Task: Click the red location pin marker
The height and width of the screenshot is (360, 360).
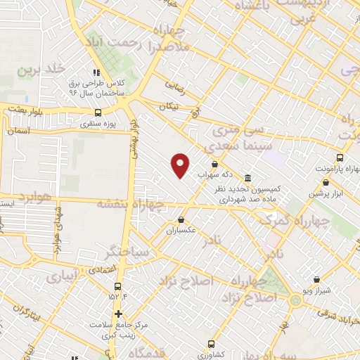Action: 181,166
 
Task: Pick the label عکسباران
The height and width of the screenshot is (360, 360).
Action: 183,230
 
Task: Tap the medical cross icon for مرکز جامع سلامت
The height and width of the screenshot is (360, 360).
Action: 119,314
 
